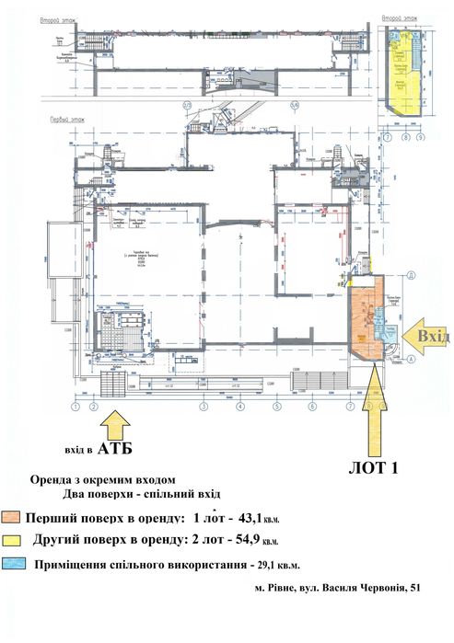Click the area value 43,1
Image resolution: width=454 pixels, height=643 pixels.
(254, 518)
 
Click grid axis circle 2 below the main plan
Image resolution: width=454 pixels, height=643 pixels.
(93, 405)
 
